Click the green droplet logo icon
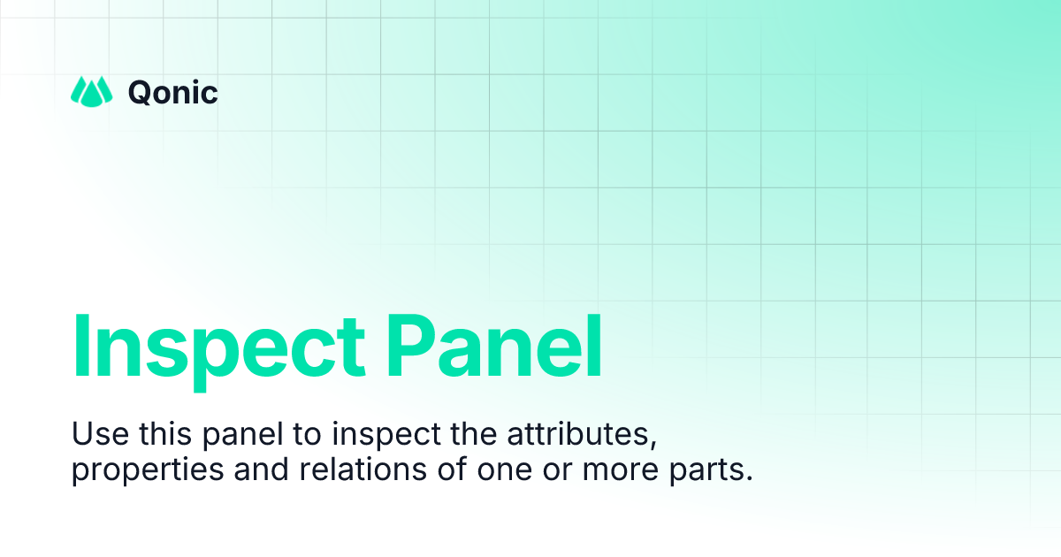pos(91,91)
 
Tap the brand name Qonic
pos(173,91)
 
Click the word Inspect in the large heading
pos(218,347)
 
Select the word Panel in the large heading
pos(494,347)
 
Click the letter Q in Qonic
pos(140,91)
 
